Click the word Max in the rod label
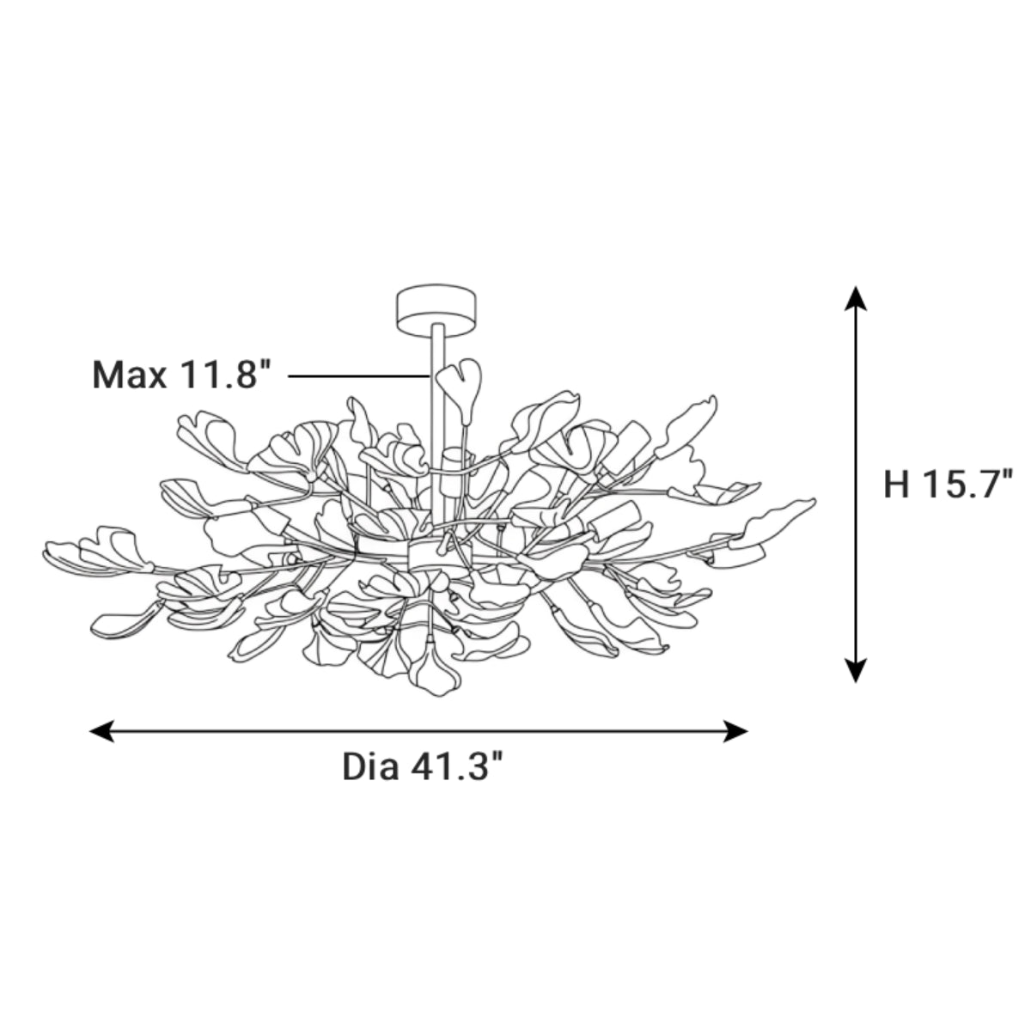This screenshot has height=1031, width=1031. click(129, 375)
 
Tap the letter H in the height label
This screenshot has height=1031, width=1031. click(896, 485)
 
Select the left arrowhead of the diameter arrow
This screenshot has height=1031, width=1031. click(101, 731)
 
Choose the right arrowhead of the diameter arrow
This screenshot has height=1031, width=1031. click(735, 731)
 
